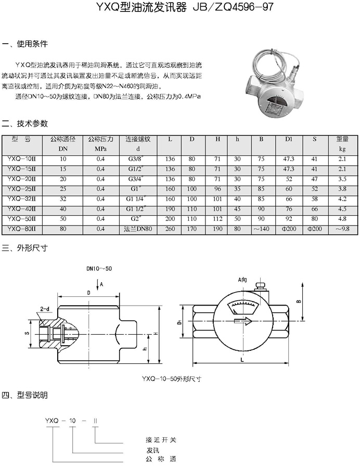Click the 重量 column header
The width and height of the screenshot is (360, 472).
(342, 139)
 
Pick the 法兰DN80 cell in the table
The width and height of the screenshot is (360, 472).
(138, 228)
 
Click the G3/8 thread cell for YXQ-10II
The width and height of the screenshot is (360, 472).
(138, 159)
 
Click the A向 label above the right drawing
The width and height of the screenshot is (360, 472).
(243, 280)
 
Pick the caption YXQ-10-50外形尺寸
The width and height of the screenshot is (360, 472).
(171, 379)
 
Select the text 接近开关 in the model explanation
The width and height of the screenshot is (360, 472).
(161, 440)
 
